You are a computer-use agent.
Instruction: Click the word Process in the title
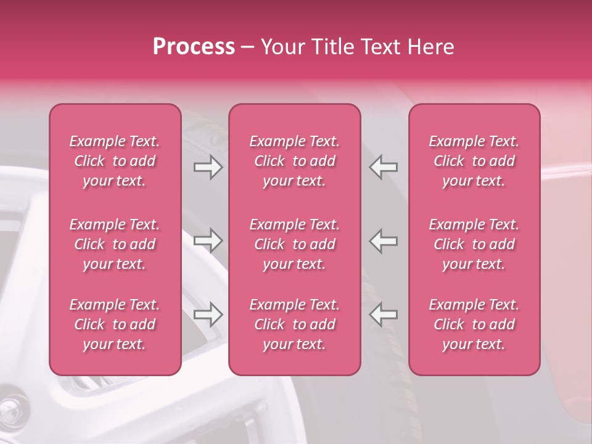[194, 47]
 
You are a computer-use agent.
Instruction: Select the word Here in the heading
[430, 47]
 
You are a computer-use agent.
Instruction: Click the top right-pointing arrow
[208, 167]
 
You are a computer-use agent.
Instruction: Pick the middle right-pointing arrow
[208, 240]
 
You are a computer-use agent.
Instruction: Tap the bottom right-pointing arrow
[208, 314]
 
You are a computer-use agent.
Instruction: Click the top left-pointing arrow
[384, 167]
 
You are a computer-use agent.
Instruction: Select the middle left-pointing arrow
[384, 240]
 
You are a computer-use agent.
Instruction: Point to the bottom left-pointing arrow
[384, 314]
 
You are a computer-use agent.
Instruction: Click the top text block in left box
[115, 161]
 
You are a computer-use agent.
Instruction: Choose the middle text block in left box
[115, 244]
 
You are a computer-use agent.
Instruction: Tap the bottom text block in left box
[115, 324]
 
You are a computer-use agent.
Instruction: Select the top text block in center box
[295, 161]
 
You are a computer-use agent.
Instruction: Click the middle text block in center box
[295, 244]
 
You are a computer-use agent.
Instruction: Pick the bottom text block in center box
[295, 324]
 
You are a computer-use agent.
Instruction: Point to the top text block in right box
[474, 161]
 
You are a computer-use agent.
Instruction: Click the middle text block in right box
[474, 244]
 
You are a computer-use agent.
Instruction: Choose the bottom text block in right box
[474, 324]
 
